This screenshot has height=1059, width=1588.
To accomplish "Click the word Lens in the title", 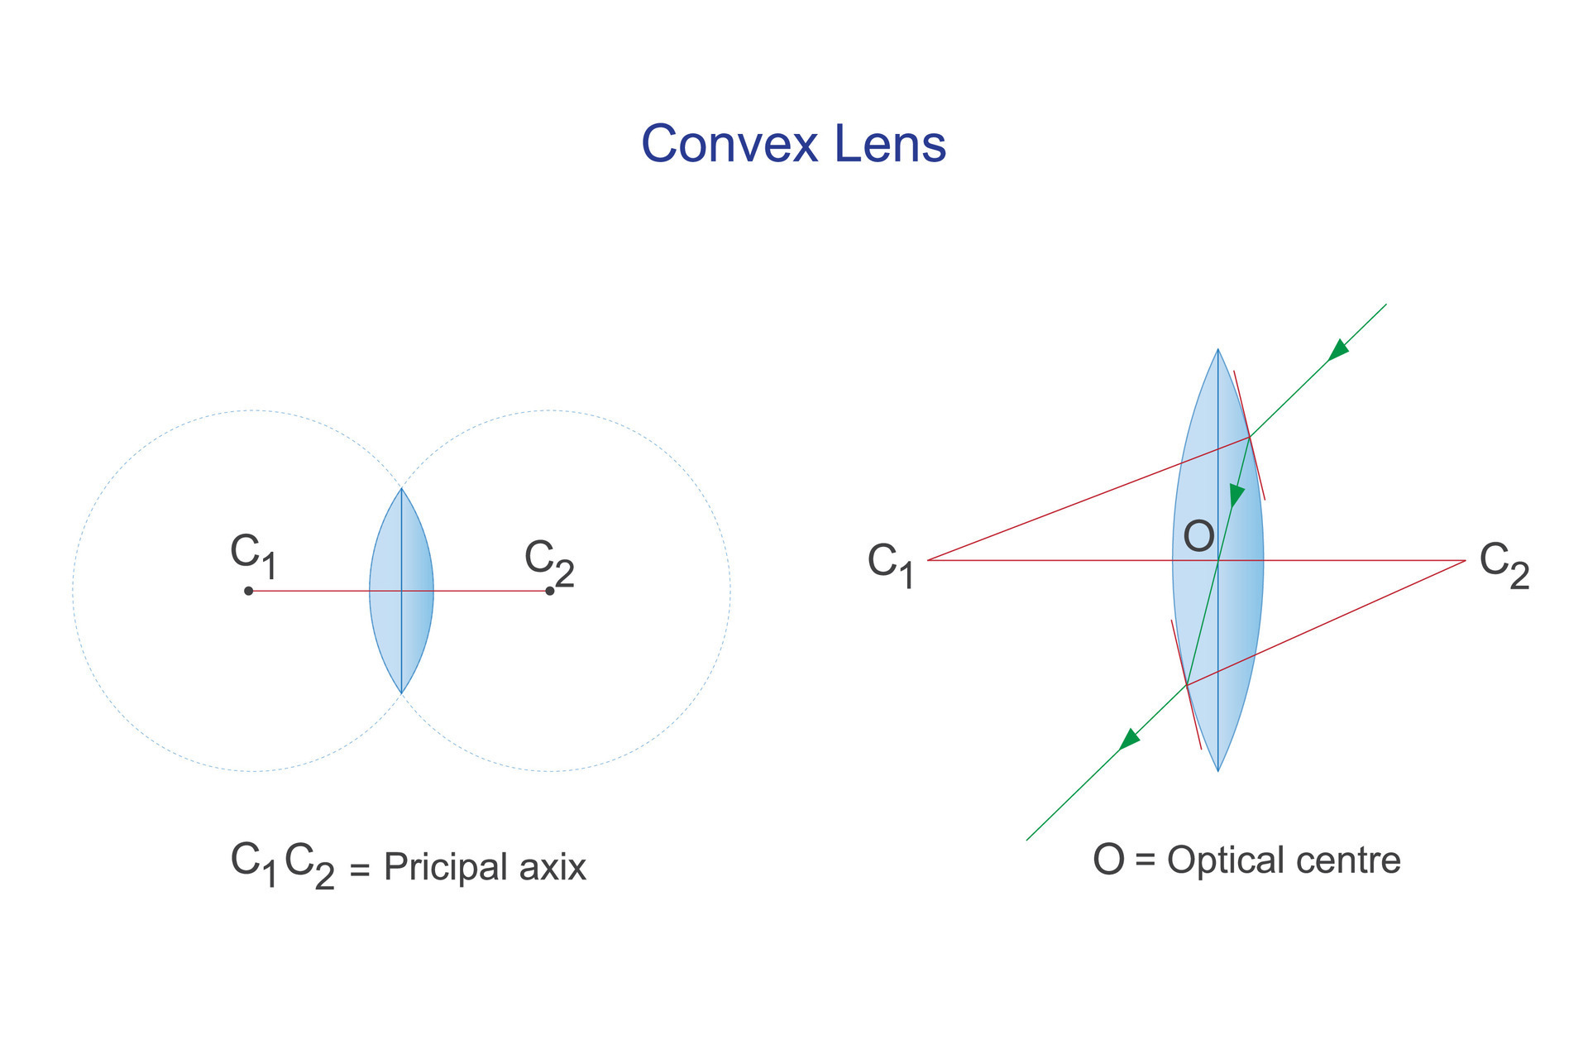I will coord(890,144).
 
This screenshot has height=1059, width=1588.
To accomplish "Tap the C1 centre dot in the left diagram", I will coord(248,591).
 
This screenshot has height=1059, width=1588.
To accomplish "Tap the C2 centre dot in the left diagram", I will coord(550,591).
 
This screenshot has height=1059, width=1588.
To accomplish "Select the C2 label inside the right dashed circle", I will coord(549,562).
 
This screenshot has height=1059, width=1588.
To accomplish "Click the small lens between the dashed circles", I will coord(401,591).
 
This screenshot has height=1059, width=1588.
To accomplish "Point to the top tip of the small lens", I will coord(401,489).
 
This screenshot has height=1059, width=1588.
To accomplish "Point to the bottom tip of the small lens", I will coord(401,692).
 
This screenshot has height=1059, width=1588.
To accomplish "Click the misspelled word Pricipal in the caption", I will coord(445,868).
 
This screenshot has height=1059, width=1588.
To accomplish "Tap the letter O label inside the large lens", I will coord(1198,537).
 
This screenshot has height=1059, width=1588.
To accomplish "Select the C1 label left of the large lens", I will coord(891,564).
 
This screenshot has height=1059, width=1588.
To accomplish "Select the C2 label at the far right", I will coord(1504,564).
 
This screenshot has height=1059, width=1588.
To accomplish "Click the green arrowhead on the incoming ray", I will coord(1337,351).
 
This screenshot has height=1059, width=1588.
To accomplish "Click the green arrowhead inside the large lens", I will coord(1236,496).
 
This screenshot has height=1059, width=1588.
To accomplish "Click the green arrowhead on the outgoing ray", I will coord(1129,739).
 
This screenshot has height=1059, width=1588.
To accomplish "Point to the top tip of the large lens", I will coord(1217,350).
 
